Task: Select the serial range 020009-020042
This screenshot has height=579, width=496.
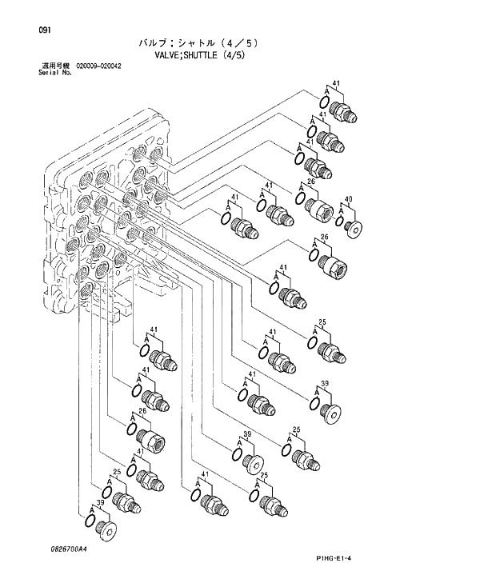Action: pos(98,65)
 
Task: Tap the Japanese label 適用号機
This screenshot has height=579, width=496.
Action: pos(57,65)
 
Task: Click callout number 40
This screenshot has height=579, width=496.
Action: pos(348,198)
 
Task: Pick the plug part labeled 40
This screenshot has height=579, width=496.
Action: pos(353,227)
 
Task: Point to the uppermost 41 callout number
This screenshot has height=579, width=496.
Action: pos(336,83)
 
